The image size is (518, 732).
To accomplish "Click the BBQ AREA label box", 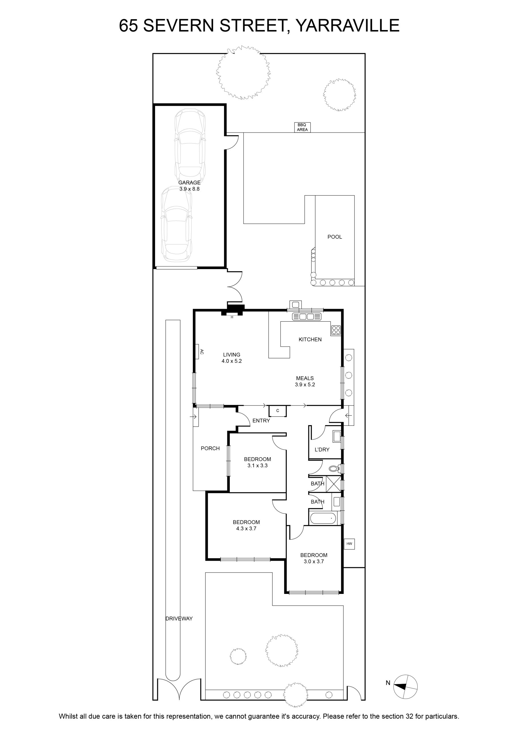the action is pyautogui.click(x=302, y=127).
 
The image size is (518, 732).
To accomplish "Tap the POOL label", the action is pyautogui.click(x=335, y=237).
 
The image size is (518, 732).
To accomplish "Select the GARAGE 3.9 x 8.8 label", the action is pyautogui.click(x=189, y=186).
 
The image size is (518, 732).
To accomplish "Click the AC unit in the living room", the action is pyautogui.click(x=197, y=352).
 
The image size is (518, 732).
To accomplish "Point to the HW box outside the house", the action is pyautogui.click(x=349, y=544).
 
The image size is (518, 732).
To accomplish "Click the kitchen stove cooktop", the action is pyautogui.click(x=336, y=330).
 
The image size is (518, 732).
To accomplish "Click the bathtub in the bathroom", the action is pyautogui.click(x=323, y=518).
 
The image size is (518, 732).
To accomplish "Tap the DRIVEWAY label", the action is pyautogui.click(x=179, y=618).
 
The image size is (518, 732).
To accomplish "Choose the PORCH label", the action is pyautogui.click(x=210, y=448).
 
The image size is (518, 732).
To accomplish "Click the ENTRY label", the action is pyautogui.click(x=261, y=421).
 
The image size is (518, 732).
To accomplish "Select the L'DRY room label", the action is pyautogui.click(x=322, y=449).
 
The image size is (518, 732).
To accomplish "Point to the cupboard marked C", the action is pyautogui.click(x=277, y=411).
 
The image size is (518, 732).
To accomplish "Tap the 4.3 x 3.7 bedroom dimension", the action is pyautogui.click(x=246, y=528).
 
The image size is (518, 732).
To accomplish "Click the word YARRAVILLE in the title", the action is pyautogui.click(x=348, y=25).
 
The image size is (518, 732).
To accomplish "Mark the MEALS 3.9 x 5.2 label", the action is pyautogui.click(x=305, y=381).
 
